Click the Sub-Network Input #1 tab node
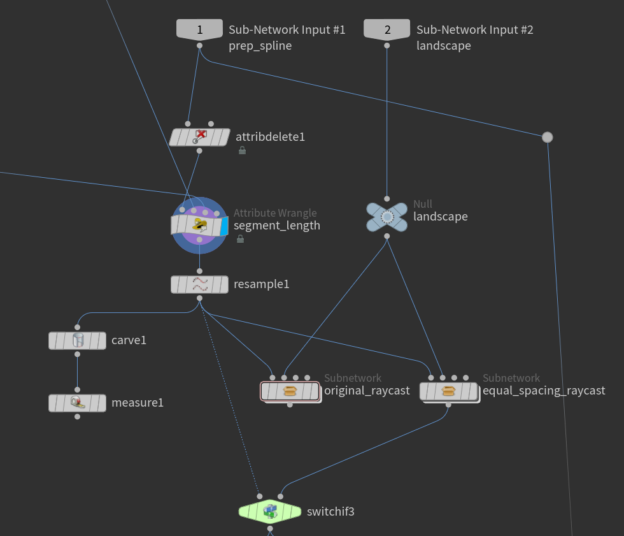(199, 29)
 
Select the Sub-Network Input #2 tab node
(386, 29)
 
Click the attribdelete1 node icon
(200, 136)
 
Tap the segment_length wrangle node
(199, 226)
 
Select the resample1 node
(199, 284)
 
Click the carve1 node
(77, 340)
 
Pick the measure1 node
(77, 403)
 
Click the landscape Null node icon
(386, 217)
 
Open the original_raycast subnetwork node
(290, 391)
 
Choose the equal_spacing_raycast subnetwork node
(448, 391)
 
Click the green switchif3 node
(269, 511)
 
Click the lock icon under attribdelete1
(242, 150)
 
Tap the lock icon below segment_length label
(241, 239)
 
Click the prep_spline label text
(260, 46)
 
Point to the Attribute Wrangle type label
(274, 213)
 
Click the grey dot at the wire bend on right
(547, 137)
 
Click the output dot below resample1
(199, 298)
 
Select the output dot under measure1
(77, 417)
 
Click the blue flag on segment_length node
(223, 226)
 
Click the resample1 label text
(261, 284)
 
